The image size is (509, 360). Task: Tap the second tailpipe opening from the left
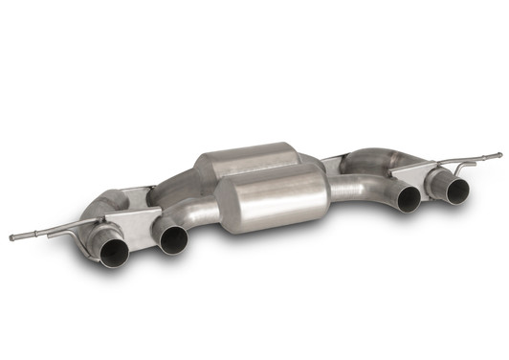(173, 239)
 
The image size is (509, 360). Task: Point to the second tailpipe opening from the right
(409, 198)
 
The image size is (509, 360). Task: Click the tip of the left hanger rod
(11, 236)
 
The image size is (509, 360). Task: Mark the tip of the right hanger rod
(498, 153)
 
